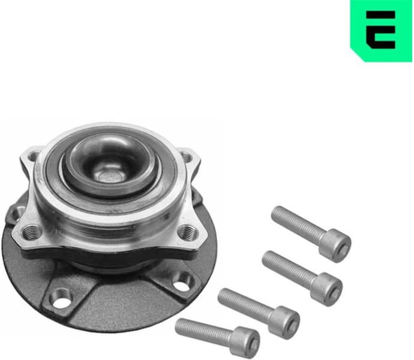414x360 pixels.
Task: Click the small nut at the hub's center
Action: coord(110,175)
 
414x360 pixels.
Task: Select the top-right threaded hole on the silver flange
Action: coord(188,157)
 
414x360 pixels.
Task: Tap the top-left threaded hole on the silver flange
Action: coord(34,157)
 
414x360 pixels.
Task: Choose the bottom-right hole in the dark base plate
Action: coord(182,281)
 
